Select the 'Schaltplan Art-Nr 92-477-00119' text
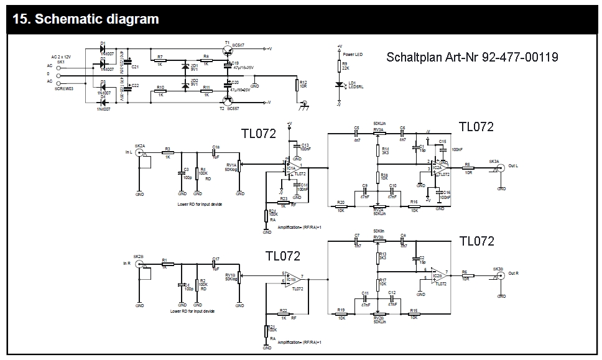pyautogui.click(x=472, y=57)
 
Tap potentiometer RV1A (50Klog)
pyautogui.click(x=240, y=164)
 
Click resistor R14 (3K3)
pyautogui.click(x=377, y=151)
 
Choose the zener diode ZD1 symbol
pyautogui.click(x=185, y=66)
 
